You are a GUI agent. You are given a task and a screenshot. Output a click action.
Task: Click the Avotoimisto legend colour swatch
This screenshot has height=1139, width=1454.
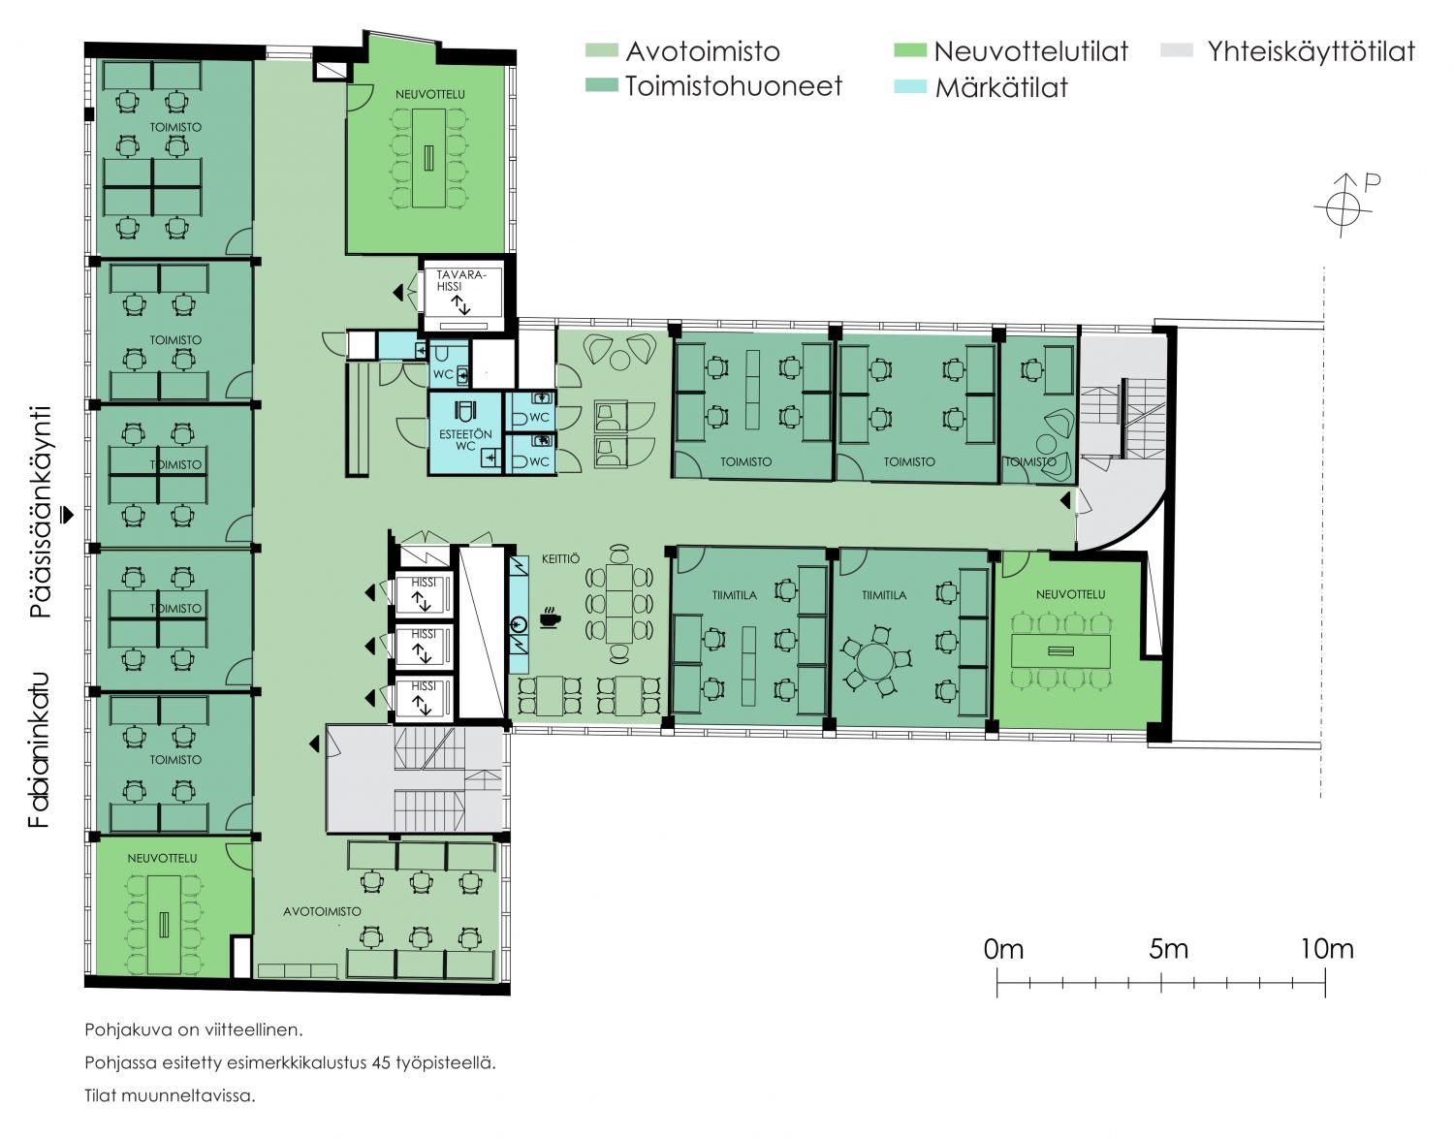coord(601,50)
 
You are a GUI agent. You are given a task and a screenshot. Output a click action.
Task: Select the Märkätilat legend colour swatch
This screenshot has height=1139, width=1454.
coord(909,86)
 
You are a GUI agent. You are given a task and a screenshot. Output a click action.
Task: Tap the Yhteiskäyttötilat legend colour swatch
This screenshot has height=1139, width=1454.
coord(1177,50)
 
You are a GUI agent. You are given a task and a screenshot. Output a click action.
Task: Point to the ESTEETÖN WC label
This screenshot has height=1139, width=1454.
coord(465,439)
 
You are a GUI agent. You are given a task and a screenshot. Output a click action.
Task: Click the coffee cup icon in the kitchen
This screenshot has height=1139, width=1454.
coord(550,617)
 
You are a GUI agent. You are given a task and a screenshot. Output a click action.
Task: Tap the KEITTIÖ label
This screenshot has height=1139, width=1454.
coord(560,558)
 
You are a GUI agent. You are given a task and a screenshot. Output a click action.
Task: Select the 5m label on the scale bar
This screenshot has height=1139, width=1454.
coord(1168,948)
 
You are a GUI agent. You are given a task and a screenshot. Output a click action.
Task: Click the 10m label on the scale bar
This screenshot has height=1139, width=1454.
coord(1327,948)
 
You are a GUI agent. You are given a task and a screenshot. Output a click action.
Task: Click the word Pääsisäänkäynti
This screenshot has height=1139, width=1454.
coord(42,513)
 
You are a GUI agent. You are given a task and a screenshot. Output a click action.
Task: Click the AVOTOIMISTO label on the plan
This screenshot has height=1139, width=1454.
coord(322,911)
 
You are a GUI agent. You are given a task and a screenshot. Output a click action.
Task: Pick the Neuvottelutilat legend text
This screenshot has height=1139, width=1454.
coord(1031,50)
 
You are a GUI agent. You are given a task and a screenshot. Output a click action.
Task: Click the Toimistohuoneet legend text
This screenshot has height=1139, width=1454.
coord(734,86)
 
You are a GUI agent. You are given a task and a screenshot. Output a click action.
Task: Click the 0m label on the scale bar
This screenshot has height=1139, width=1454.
coord(1003,948)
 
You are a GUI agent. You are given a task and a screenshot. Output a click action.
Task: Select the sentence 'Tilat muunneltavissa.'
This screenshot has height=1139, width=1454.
coord(170,1095)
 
